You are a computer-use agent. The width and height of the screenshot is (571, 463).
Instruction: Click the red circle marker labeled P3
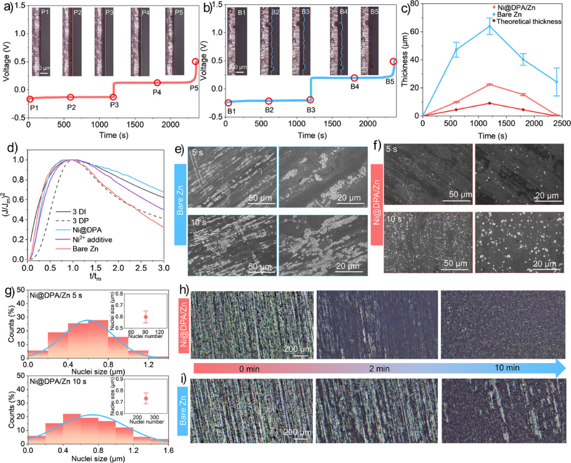[114, 96]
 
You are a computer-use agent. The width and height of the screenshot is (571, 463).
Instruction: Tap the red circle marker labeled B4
[354, 78]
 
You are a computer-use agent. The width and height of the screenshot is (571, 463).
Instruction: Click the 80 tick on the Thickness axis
[414, 4]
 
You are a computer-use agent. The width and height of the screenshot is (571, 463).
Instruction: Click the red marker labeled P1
[30, 99]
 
